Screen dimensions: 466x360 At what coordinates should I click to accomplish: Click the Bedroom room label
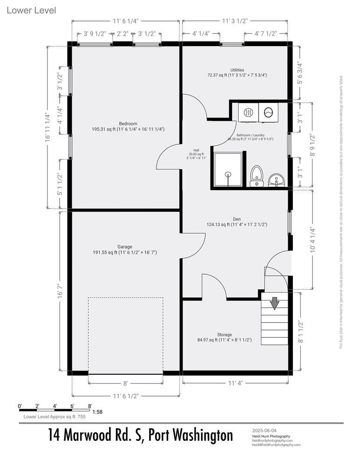pos(124,123)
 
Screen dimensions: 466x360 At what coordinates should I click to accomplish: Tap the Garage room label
pos(124,247)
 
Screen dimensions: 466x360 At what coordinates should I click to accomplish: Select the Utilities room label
pos(237,70)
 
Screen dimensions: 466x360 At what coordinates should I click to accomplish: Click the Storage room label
pos(224,335)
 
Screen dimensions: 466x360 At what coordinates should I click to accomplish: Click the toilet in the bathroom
pos(256,177)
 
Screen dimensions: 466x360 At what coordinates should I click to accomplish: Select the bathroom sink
pos(276,179)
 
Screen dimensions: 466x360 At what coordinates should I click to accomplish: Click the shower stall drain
pos(228,174)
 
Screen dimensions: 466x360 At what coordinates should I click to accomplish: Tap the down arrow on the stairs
pos(274,303)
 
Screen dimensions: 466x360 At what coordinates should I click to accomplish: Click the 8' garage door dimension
pos(125,384)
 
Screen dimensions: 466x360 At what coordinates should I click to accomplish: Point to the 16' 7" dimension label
pos(60,293)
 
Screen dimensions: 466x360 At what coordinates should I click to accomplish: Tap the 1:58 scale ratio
pos(98,412)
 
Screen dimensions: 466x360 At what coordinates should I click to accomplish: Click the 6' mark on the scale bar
pos(73,406)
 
